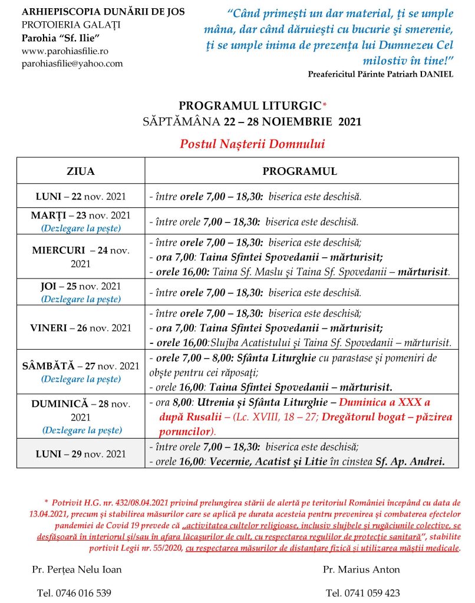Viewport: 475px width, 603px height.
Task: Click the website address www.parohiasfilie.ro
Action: coord(61,51)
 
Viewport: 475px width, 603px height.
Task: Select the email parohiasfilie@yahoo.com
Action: coord(72,64)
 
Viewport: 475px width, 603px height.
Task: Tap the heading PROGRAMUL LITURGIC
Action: coord(250,106)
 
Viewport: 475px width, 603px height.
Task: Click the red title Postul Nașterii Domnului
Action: coord(252,144)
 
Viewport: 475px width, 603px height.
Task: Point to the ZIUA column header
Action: coord(81,171)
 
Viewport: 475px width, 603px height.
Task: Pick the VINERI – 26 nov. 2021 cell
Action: coord(81,327)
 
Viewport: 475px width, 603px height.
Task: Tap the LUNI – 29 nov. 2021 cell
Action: coord(81,453)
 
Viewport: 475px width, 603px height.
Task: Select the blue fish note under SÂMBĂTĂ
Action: coord(81,379)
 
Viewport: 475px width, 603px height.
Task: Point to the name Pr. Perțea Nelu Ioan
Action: coord(77,569)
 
